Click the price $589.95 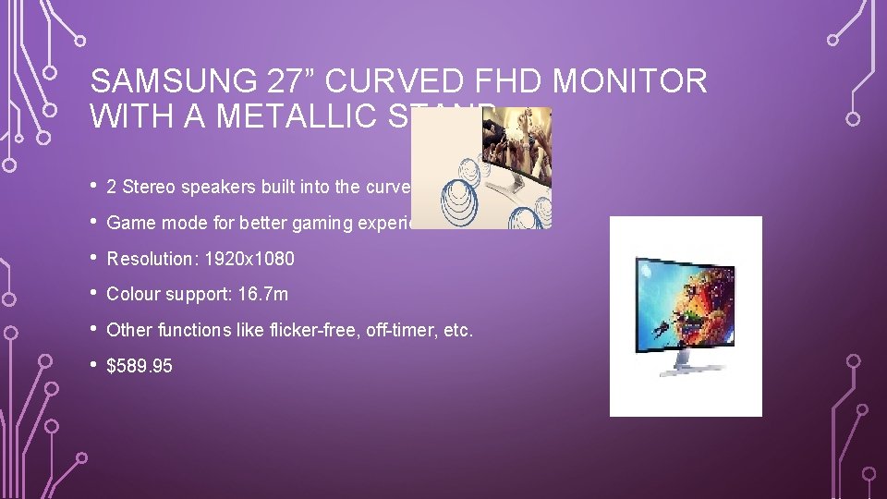pyautogui.click(x=140, y=366)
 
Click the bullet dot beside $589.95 pyautogui.click(x=95, y=365)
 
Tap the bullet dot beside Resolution pyautogui.click(x=95, y=258)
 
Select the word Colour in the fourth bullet pyautogui.click(x=130, y=295)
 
